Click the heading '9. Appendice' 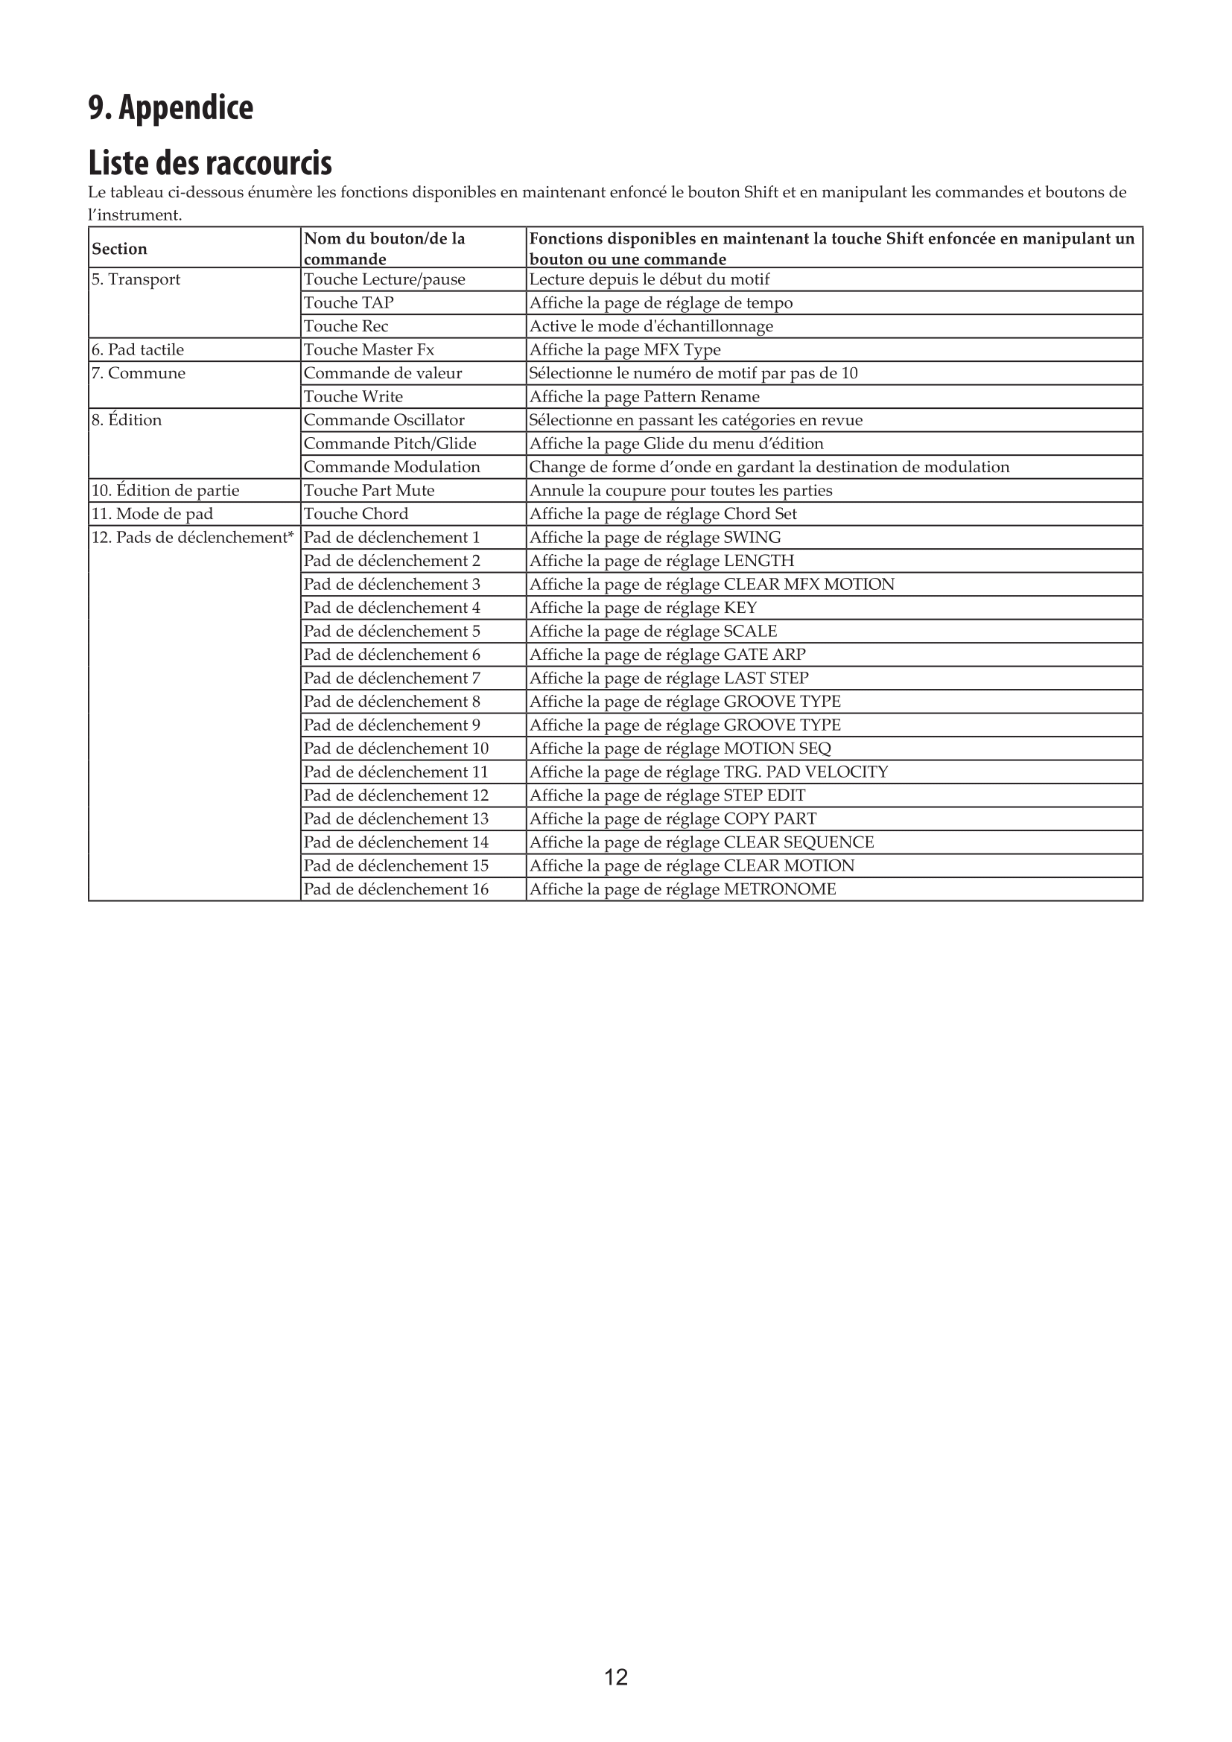(171, 107)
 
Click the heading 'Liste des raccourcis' (210, 162)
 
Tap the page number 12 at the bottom (615, 1676)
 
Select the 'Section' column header (119, 249)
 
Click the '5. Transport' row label (136, 279)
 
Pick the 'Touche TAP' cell (348, 302)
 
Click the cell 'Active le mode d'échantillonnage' (651, 326)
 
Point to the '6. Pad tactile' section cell (137, 350)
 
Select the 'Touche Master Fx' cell (369, 350)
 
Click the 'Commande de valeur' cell (382, 373)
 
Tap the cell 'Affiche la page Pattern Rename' (644, 397)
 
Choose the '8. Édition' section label (127, 420)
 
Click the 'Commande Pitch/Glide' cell (390, 444)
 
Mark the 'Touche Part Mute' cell (369, 491)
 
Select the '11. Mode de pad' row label (152, 515)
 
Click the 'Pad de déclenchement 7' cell (392, 678)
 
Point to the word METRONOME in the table (779, 889)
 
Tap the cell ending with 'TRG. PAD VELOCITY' (708, 772)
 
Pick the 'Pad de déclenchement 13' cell (396, 819)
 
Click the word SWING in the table (752, 538)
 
